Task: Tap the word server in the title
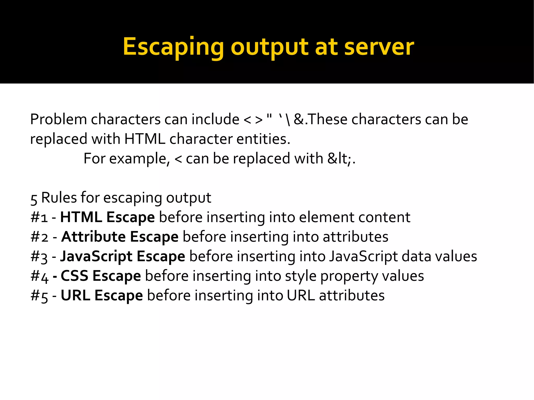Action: tap(379, 47)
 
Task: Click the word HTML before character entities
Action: tap(145, 139)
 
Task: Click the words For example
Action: tap(126, 158)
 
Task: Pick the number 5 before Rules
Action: tap(34, 199)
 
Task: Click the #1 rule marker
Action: tap(39, 217)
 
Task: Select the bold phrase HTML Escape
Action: tap(107, 217)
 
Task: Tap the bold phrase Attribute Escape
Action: tap(120, 237)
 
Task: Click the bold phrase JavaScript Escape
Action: tap(123, 256)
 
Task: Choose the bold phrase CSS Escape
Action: tap(101, 276)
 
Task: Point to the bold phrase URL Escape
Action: tap(102, 295)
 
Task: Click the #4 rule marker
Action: tap(39, 276)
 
